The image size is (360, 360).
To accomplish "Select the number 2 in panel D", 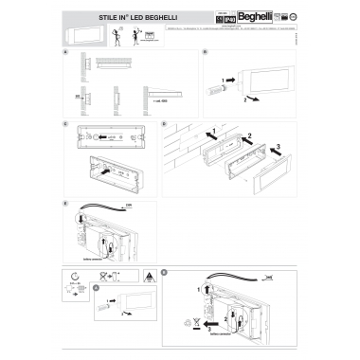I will (248, 138).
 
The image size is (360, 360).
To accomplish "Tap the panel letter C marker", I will (64, 124).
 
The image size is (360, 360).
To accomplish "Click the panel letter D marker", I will (164, 124).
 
